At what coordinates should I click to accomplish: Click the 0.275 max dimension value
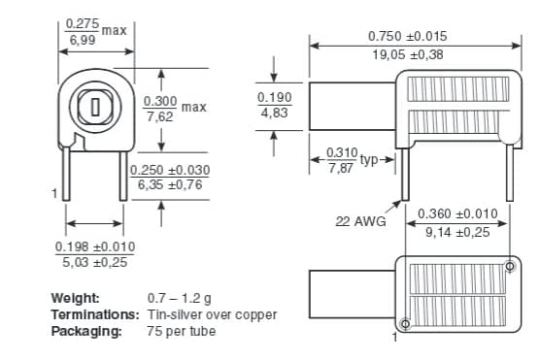point(83,22)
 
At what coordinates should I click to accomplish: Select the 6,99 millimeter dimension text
point(83,40)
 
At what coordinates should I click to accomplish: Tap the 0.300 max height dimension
point(160,101)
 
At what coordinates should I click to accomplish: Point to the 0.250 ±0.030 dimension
point(170,170)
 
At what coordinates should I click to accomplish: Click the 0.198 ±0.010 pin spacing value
point(95,246)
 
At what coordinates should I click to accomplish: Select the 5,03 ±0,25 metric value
point(95,262)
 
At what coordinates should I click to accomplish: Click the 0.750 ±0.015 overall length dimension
point(408,36)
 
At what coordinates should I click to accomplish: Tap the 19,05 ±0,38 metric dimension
point(408,54)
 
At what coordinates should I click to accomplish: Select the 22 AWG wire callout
point(360,222)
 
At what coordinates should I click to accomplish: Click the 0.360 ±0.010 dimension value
point(457,213)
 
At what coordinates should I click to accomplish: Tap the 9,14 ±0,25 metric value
point(457,232)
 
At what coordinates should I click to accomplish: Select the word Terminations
point(95,314)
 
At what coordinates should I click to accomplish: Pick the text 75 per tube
point(182,331)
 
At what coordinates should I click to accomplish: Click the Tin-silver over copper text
point(212,314)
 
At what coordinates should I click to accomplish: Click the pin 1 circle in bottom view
point(405,323)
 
